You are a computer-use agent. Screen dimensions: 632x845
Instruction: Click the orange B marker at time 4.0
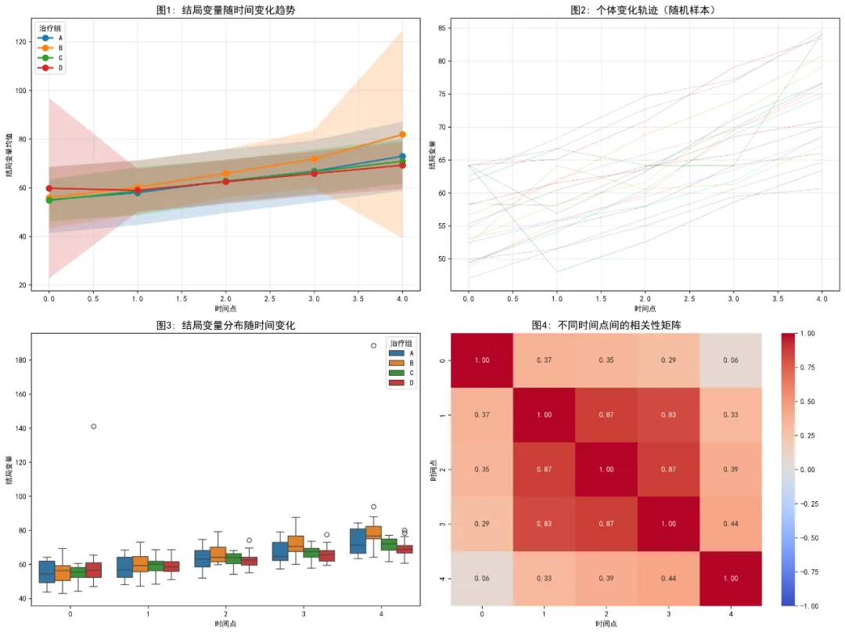tap(402, 135)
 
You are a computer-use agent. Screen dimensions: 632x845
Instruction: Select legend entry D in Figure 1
tap(60, 68)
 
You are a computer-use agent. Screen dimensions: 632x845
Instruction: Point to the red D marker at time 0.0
tap(49, 188)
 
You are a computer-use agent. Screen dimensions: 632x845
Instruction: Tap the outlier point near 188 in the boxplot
tap(373, 345)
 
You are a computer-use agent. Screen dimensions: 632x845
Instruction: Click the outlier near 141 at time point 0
tap(94, 426)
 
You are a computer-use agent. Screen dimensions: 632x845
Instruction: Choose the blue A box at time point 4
tap(358, 541)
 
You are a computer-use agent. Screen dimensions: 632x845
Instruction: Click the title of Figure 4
tap(606, 325)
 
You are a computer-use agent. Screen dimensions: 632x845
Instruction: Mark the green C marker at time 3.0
tap(314, 172)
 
